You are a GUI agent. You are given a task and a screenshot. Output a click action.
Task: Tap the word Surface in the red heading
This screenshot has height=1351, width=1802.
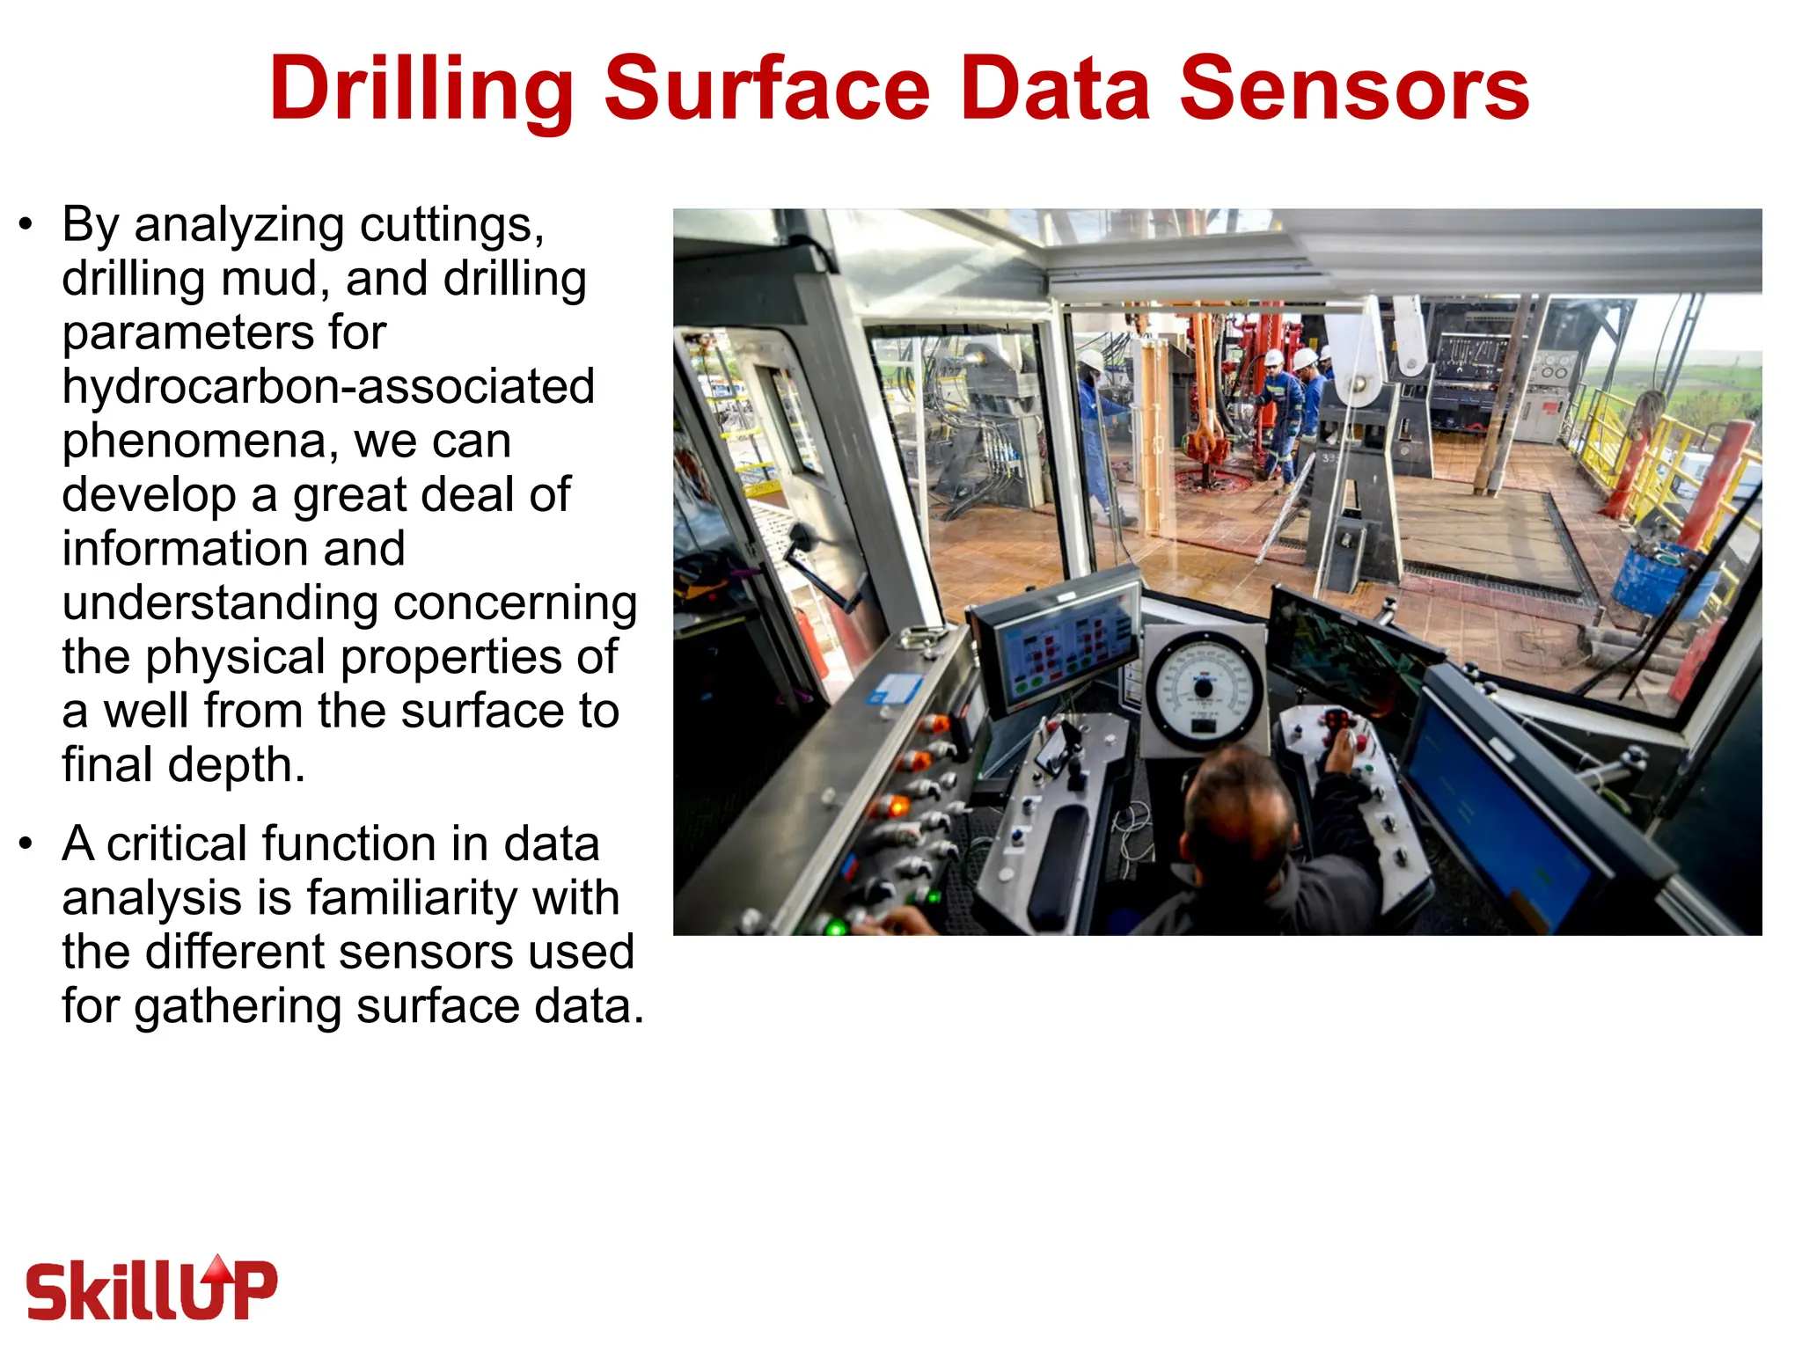766,90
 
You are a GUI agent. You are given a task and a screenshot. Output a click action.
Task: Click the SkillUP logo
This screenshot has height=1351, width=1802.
151,1289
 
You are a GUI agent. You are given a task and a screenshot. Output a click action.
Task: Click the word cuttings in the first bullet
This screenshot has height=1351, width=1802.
450,225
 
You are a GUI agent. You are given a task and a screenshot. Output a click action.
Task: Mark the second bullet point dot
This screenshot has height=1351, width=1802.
26,843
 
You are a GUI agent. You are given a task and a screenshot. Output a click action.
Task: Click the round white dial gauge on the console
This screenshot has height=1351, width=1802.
1203,690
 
